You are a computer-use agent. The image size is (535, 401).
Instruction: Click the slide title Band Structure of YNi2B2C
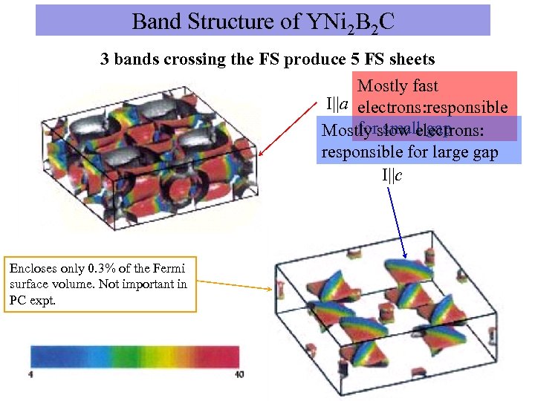click(263, 22)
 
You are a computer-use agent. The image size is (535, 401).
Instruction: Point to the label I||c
click(392, 175)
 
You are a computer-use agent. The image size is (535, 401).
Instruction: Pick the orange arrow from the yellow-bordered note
click(234, 285)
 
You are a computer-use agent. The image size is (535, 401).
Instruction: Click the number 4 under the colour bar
click(31, 374)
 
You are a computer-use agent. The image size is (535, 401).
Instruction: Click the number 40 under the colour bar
click(238, 374)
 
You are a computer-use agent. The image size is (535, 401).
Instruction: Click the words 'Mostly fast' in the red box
click(398, 87)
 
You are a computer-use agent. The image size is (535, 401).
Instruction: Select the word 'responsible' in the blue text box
click(354, 153)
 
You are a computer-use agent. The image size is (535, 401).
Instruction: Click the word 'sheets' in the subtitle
click(410, 59)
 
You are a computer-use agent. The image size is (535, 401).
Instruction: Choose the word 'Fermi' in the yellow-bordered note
click(170, 268)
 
